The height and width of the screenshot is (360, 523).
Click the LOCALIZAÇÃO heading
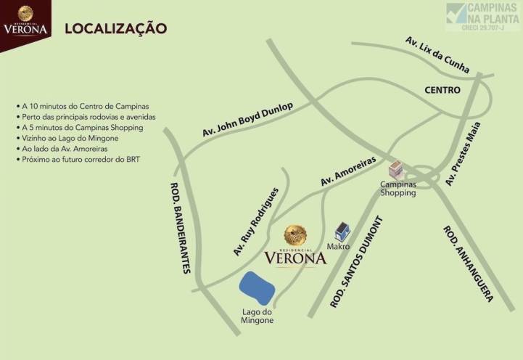tap(116, 29)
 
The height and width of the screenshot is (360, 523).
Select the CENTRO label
tap(442, 90)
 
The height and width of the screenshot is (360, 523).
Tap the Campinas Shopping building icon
tap(396, 171)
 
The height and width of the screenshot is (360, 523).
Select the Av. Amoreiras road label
tap(347, 172)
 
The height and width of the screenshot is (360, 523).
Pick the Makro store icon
tap(342, 232)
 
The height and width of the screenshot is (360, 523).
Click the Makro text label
tap(339, 247)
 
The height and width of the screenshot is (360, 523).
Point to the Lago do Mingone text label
tap(258, 316)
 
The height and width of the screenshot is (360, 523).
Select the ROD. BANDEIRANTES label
tap(181, 226)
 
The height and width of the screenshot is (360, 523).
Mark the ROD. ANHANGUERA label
tap(469, 263)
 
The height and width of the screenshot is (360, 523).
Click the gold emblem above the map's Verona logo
tap(295, 234)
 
